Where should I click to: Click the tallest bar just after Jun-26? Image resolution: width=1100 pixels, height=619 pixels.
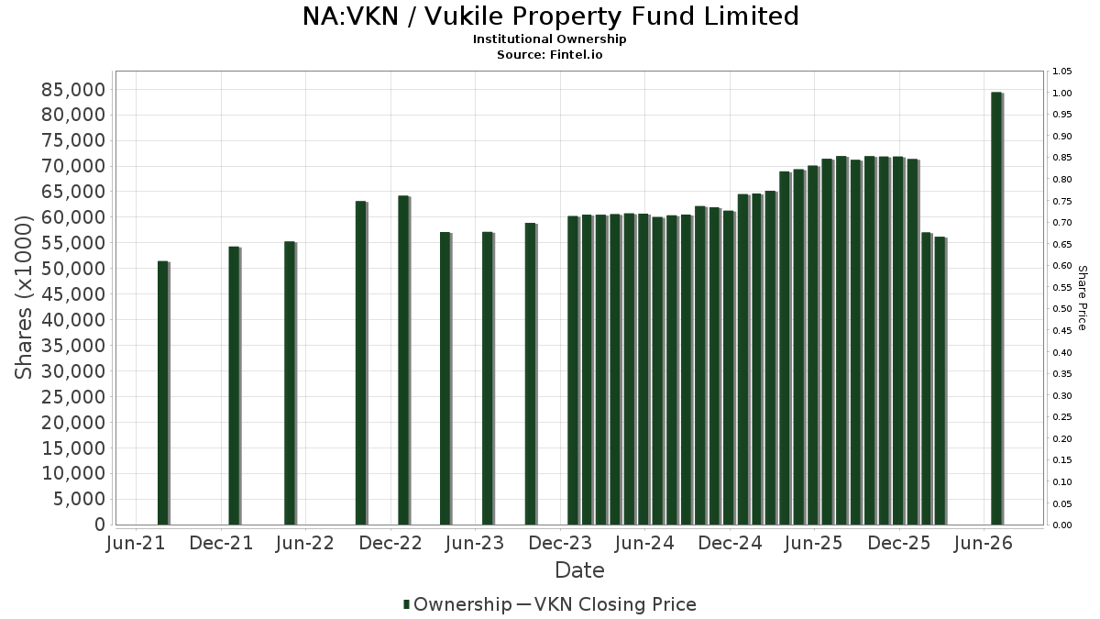tap(997, 308)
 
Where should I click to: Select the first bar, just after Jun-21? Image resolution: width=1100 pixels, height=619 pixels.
tap(163, 393)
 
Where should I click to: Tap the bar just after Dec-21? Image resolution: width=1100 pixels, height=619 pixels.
tap(235, 386)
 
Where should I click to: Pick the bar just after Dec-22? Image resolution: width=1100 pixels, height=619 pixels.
tap(404, 360)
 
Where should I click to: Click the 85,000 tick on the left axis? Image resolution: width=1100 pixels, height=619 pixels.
tap(73, 90)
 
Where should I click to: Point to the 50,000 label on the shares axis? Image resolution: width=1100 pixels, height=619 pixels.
tap(73, 268)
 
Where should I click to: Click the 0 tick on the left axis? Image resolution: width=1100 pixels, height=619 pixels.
tap(100, 525)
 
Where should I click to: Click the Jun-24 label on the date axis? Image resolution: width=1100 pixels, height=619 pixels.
tap(644, 543)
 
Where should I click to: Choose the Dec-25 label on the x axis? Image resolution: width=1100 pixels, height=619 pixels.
tap(899, 543)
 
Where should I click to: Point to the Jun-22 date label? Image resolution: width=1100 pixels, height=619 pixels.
tap(305, 543)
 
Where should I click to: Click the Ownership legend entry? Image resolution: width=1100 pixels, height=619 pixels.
tap(457, 604)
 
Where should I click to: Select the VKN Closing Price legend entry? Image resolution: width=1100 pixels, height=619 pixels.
tap(607, 604)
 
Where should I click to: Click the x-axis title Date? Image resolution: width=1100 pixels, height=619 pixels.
tap(579, 570)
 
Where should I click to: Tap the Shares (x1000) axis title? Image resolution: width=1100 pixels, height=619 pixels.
tap(23, 297)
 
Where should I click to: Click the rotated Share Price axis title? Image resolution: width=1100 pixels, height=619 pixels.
tap(1082, 298)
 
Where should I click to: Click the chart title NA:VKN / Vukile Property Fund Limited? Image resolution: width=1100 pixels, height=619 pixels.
tap(551, 17)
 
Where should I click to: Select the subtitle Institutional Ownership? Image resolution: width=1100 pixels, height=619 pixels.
tap(549, 39)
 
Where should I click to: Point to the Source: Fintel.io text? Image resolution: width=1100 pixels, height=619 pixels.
tap(549, 54)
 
